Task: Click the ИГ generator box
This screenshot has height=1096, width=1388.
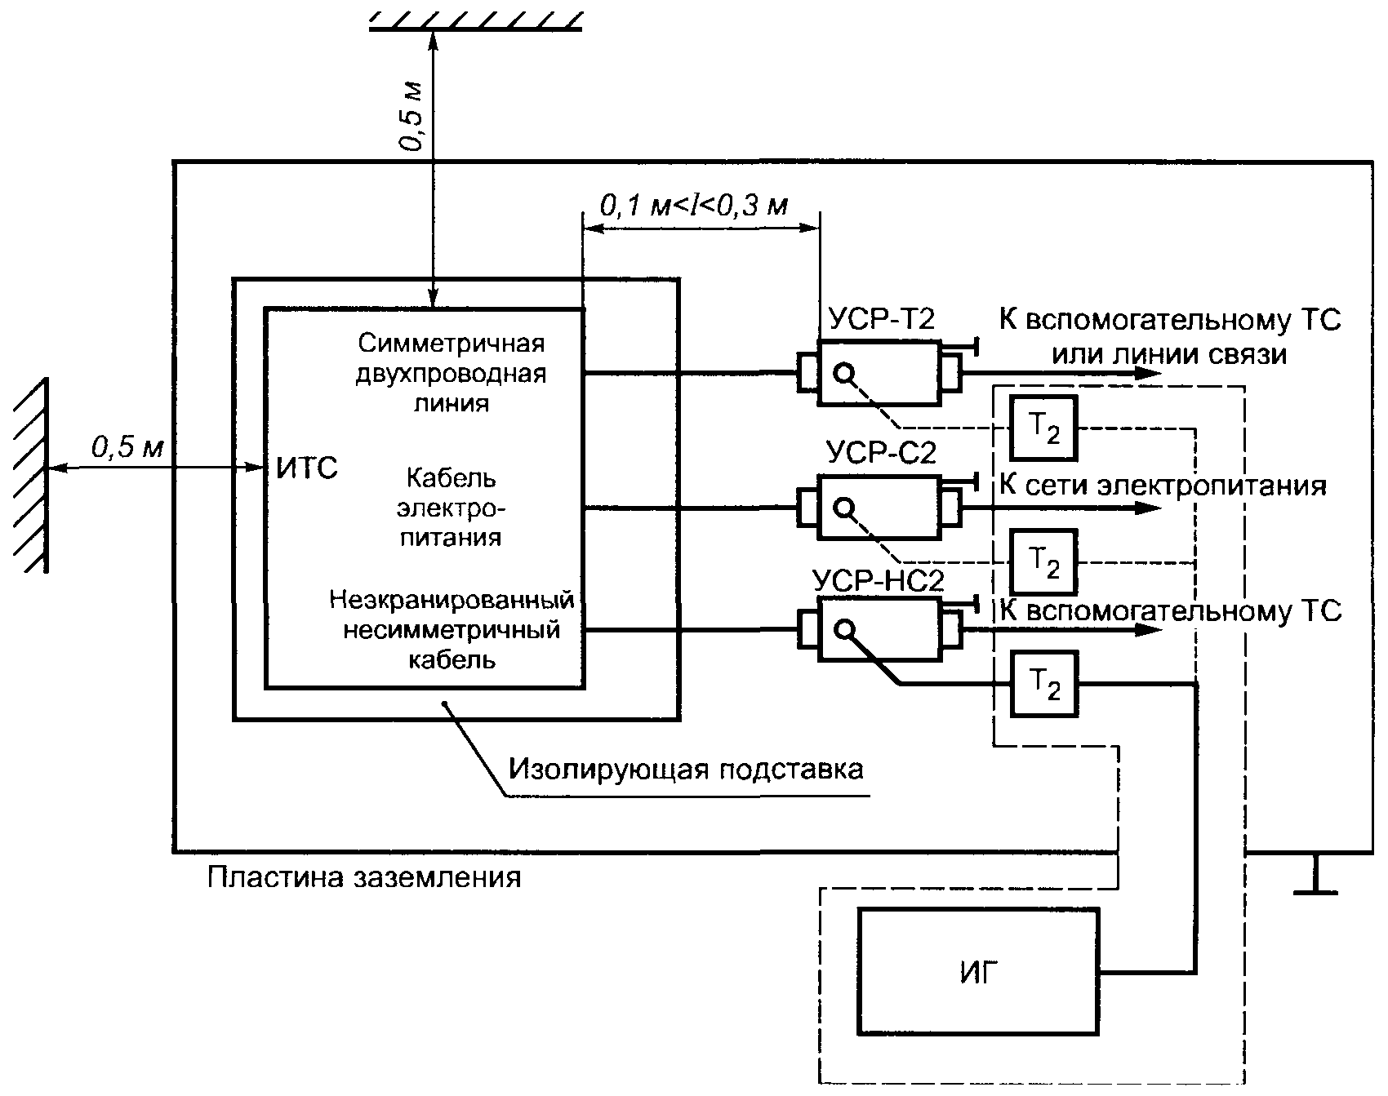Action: pos(978,971)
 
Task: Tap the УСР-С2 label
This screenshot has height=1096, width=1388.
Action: pos(881,453)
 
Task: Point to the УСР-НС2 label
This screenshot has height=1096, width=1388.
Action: pos(879,582)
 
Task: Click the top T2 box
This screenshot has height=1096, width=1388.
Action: pos(1043,428)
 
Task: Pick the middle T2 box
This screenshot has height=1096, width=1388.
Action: pos(1043,562)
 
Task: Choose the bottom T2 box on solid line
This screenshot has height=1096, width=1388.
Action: pos(1043,684)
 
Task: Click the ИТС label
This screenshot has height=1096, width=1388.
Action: pos(307,469)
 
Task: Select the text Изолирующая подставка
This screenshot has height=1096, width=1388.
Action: pos(685,769)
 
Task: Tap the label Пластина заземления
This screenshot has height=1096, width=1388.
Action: pos(363,877)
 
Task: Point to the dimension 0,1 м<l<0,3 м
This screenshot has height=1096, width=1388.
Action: pos(694,206)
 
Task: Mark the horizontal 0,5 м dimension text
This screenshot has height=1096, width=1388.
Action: pos(127,446)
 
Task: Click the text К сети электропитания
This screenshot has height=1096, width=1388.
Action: pos(1163,486)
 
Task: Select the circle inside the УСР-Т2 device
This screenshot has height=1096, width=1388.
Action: pos(844,374)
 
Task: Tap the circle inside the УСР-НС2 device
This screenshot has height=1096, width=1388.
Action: pos(844,628)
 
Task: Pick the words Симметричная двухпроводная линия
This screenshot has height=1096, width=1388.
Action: pos(451,373)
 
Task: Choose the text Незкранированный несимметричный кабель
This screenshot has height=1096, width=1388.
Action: pos(452,630)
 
